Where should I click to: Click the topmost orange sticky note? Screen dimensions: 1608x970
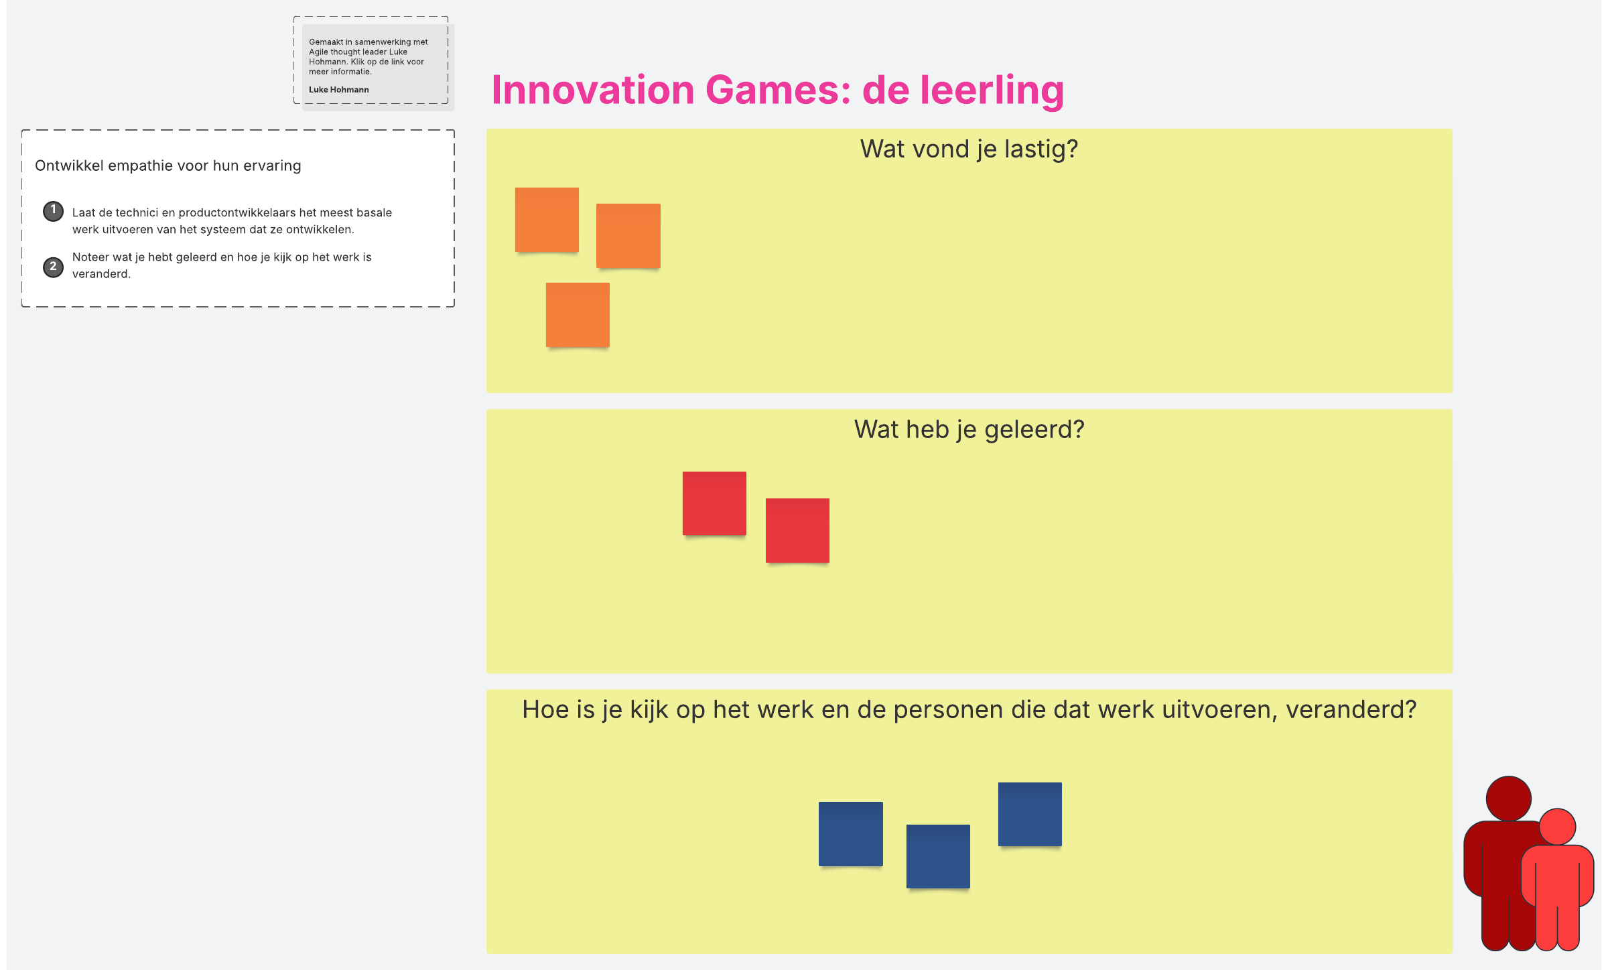547,220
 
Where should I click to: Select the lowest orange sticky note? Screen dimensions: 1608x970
578,315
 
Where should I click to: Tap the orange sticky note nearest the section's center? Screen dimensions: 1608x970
628,236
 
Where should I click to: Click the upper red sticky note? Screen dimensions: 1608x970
714,504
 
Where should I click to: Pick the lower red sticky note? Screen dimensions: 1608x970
797,531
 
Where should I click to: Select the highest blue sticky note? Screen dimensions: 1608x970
1030,815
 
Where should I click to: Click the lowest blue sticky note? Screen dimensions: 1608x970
938,857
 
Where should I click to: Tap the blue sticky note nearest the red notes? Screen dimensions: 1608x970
851,834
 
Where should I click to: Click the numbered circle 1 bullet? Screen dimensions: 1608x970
54,211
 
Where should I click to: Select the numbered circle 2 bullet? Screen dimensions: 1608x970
54,267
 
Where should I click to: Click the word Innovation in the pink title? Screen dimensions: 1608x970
593,90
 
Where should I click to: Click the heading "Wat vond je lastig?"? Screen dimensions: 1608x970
969,149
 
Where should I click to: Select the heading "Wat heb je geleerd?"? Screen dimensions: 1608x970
969,429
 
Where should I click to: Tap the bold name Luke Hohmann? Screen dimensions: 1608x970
339,90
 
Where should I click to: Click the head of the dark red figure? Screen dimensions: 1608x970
1508,799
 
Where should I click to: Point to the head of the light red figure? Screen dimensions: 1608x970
1557,827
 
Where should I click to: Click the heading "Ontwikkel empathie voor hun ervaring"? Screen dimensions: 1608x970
168,165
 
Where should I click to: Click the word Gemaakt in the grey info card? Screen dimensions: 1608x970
326,42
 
